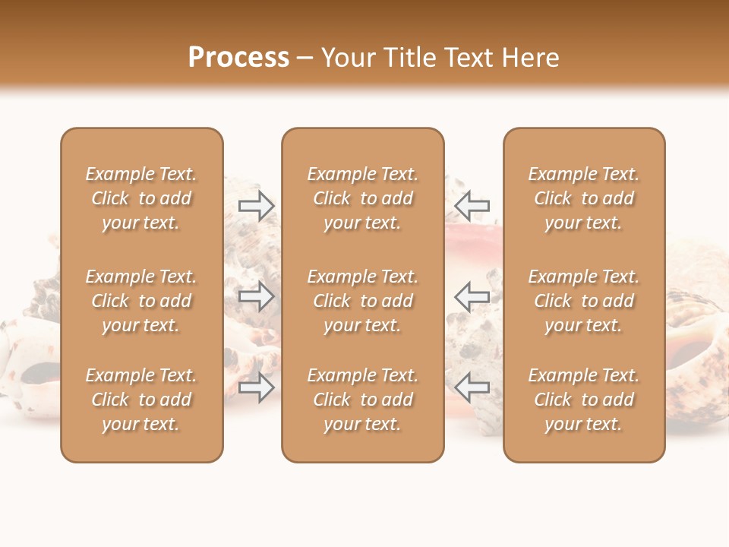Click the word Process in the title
(238, 58)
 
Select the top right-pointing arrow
(257, 205)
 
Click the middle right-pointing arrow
(257, 296)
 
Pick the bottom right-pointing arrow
(257, 387)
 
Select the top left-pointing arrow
(472, 205)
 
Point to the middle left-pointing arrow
(472, 296)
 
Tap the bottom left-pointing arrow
(472, 387)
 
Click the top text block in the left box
(141, 198)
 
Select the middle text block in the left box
(141, 301)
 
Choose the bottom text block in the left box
(141, 400)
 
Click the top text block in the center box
(362, 198)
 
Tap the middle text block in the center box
(362, 301)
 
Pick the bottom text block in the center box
(362, 400)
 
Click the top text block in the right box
(583, 198)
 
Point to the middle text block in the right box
(583, 301)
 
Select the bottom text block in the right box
(583, 400)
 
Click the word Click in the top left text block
(110, 199)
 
